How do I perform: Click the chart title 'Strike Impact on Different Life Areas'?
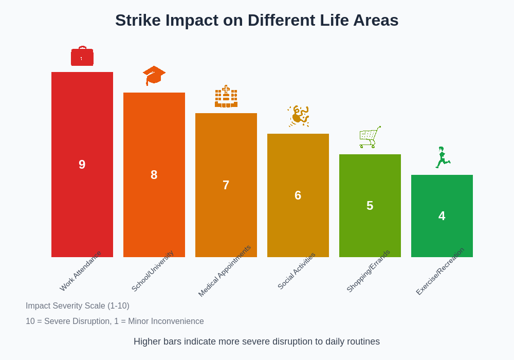tap(256, 20)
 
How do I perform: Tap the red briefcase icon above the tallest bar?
tap(82, 57)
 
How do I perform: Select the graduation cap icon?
tap(154, 75)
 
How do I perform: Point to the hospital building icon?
tap(226, 97)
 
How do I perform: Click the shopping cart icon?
tap(370, 137)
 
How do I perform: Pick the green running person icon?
tap(442, 157)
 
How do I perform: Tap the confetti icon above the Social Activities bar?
tap(298, 116)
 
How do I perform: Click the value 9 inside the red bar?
tap(82, 165)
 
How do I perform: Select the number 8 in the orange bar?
tap(154, 175)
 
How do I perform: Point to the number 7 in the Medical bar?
tap(226, 185)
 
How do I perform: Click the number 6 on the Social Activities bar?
tap(298, 195)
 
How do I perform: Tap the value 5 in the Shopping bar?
tap(370, 206)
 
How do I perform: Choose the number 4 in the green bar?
tap(442, 216)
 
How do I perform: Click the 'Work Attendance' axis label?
tap(81, 271)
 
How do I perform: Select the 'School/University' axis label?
tap(153, 271)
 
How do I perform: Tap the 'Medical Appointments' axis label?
tap(225, 271)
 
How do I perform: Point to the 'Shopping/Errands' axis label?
tap(369, 271)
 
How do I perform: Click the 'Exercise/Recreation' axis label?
tap(440, 272)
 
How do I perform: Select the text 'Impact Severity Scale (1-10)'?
tap(78, 306)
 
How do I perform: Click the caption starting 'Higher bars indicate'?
tap(256, 341)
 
